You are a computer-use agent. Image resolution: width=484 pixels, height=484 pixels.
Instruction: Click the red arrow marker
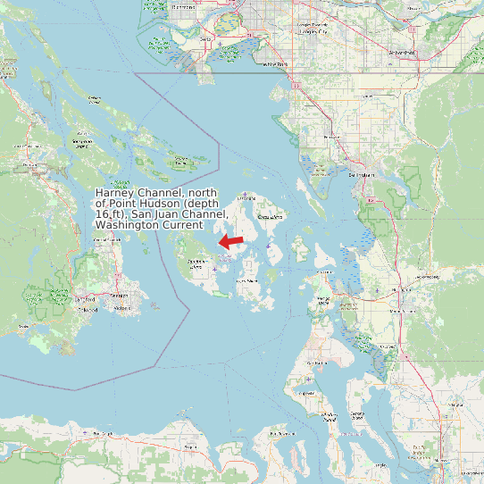click(232, 241)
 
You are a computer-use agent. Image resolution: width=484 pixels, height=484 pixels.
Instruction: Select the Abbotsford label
click(402, 53)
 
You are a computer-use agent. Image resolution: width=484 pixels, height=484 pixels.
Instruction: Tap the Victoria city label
click(121, 296)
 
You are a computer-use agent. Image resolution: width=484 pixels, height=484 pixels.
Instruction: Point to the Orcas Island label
click(271, 217)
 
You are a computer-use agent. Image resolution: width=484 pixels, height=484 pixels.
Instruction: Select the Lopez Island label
click(247, 281)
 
